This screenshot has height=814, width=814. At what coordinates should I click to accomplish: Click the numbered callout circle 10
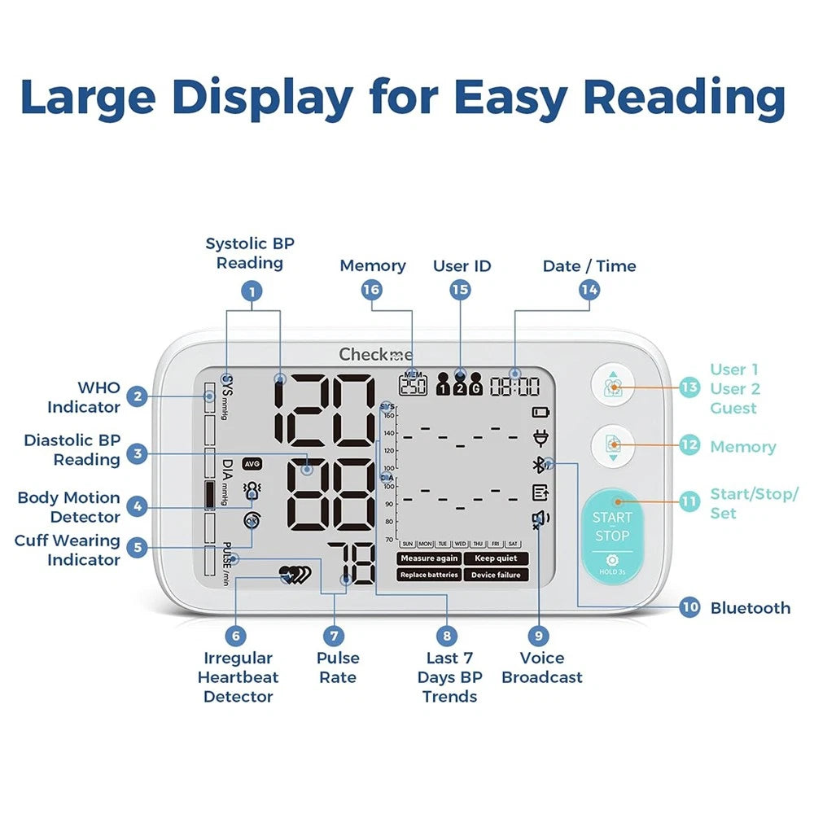point(689,607)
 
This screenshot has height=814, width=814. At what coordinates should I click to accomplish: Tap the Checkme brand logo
point(375,354)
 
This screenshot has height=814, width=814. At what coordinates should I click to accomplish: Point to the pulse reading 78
point(352,564)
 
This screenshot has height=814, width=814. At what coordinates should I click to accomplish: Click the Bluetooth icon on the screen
point(537,465)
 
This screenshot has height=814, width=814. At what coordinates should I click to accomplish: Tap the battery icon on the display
point(540,413)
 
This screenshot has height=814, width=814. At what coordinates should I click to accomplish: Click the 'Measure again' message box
point(429,558)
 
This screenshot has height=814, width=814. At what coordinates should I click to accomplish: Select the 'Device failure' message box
point(496,575)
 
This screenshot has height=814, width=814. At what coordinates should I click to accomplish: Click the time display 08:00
point(514,387)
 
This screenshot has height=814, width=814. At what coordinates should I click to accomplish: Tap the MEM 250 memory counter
point(413,384)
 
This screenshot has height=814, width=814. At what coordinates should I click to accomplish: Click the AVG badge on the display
point(252,463)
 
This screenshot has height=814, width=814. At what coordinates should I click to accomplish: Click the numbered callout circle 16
point(372,290)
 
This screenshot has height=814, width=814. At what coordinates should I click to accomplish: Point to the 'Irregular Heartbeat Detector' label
point(238,677)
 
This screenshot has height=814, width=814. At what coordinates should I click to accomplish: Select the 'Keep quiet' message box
point(496,558)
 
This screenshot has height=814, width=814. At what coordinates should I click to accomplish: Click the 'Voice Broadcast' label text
point(542,667)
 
